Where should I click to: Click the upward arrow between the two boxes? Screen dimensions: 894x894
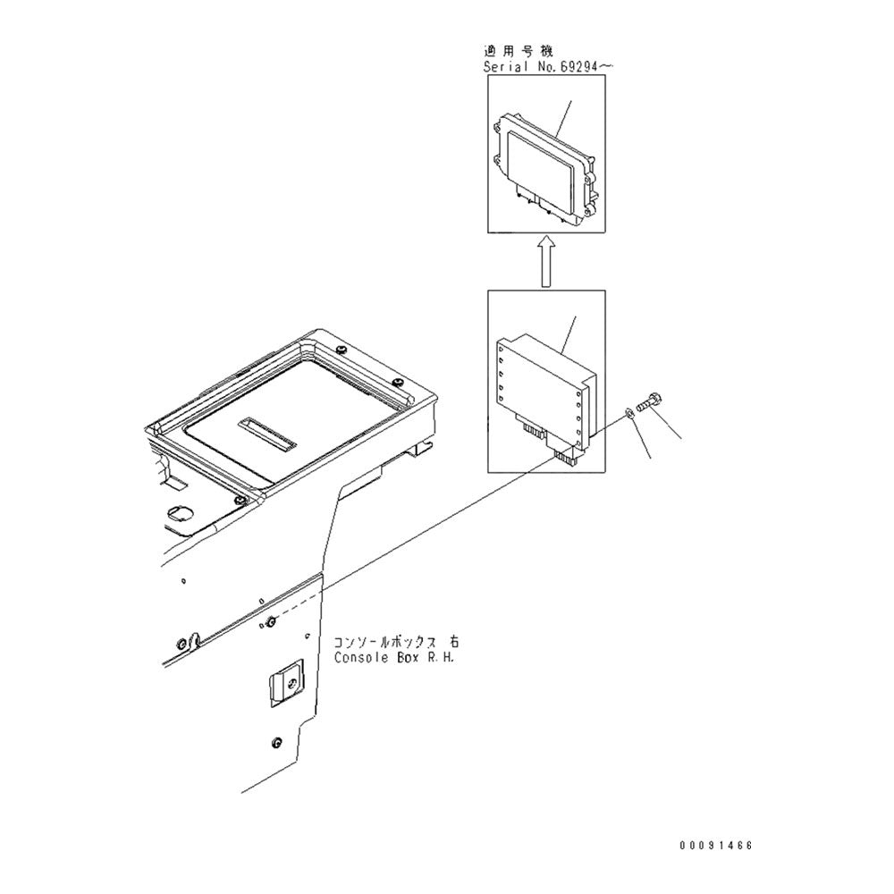(546, 261)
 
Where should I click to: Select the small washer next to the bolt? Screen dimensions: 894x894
(628, 411)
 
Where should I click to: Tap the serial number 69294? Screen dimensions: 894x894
(578, 67)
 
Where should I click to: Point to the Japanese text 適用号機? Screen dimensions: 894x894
(518, 51)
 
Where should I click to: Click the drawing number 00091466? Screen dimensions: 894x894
(715, 845)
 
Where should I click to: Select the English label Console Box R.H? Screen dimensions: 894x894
(394, 657)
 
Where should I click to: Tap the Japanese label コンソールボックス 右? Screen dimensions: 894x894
(396, 642)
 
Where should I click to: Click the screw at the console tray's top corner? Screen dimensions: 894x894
(342, 349)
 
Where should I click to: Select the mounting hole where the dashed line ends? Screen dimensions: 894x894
(272, 621)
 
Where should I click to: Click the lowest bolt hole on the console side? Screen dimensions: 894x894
(277, 742)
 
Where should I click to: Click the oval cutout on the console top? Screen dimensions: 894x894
(181, 512)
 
